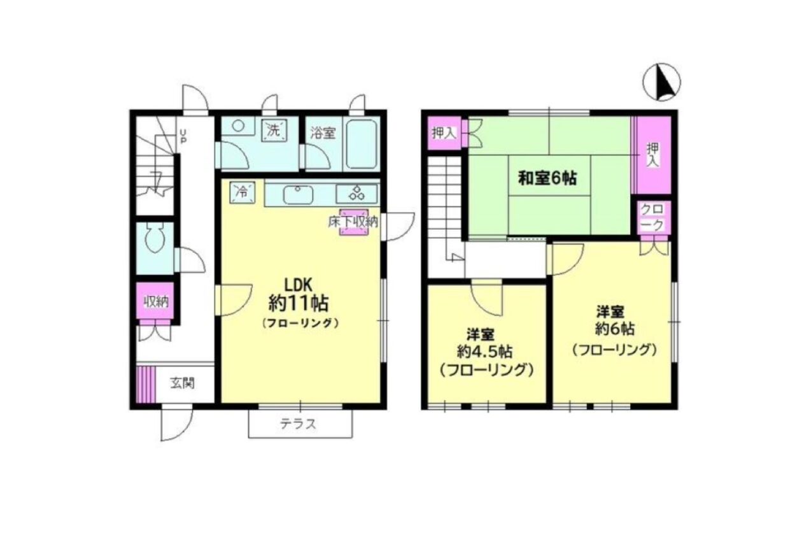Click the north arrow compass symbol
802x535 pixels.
(662, 82)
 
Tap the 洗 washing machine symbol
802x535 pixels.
(274, 131)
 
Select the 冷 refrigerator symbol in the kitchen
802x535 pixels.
(243, 192)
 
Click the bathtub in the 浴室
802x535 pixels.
(362, 144)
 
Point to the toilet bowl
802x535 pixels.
(155, 238)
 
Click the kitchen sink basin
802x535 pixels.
(298, 196)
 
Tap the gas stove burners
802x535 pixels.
(356, 193)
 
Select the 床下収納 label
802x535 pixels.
(353, 222)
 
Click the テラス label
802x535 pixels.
(299, 424)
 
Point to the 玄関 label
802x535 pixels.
(182, 383)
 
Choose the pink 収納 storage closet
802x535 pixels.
(155, 301)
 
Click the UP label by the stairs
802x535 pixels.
(183, 136)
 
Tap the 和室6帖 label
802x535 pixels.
(548, 178)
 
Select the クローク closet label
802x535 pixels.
(652, 218)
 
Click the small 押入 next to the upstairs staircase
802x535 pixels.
(445, 133)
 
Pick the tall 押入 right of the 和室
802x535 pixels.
(653, 155)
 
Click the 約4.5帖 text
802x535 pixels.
(484, 352)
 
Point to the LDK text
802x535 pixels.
(299, 285)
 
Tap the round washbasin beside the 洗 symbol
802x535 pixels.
(239, 125)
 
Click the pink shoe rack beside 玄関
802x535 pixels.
(146, 384)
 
